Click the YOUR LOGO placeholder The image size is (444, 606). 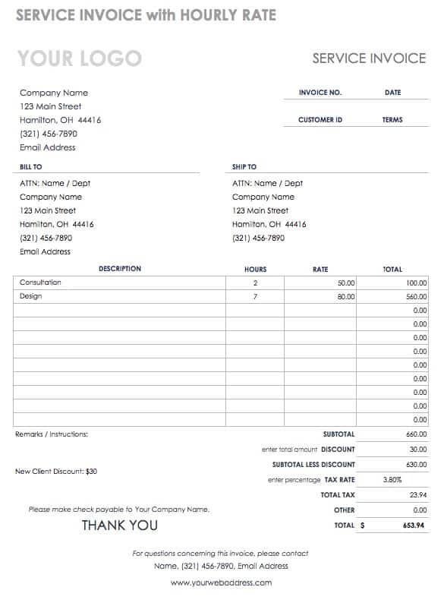tap(79, 58)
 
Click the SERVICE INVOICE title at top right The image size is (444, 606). tap(369, 58)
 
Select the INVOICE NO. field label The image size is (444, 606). tap(320, 93)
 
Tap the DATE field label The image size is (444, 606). tap(392, 93)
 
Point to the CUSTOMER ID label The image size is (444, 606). tap(320, 120)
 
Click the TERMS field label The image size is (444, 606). tap(392, 120)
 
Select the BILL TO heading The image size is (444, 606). tap(31, 166)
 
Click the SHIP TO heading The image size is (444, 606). tap(244, 166)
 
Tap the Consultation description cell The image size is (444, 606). tap(41, 282)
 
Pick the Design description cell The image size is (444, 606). tap(31, 296)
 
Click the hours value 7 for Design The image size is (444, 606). tap(255, 297)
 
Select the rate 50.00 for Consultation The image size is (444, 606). tap(346, 283)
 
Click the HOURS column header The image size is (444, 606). tap(255, 269)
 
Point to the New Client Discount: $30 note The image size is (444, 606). tap(56, 472)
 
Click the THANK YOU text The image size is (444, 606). tap(120, 526)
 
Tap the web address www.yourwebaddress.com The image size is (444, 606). tap(221, 583)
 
